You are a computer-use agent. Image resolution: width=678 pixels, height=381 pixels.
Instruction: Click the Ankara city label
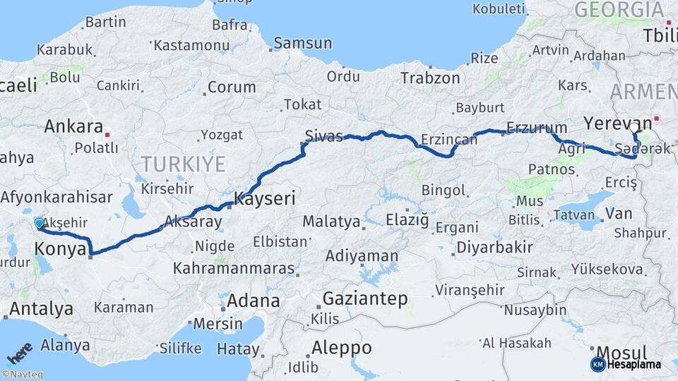(73, 126)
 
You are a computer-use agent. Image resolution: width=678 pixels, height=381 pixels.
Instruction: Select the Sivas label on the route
(323, 135)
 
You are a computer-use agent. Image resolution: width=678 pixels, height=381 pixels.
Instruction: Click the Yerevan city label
(612, 123)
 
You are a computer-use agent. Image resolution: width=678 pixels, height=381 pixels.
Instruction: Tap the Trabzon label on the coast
(430, 78)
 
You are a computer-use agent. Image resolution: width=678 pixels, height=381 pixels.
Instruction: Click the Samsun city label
(302, 43)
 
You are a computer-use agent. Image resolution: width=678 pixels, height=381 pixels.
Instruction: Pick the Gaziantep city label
(365, 298)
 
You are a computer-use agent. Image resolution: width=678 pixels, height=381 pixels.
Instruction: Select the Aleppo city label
(340, 347)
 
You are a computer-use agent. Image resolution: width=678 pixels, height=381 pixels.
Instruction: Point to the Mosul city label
(621, 352)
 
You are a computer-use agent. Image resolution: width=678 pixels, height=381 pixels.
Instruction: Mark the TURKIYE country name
(183, 164)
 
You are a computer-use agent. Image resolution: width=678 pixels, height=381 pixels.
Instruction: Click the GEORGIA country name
(618, 10)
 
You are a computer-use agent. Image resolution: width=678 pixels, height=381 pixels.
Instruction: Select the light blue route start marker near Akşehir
(39, 223)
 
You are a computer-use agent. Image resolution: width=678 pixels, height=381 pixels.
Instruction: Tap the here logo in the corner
(19, 352)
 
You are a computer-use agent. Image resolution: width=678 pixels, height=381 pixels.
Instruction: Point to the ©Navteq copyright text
(22, 375)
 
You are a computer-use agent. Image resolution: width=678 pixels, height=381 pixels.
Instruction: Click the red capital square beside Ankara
(107, 133)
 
